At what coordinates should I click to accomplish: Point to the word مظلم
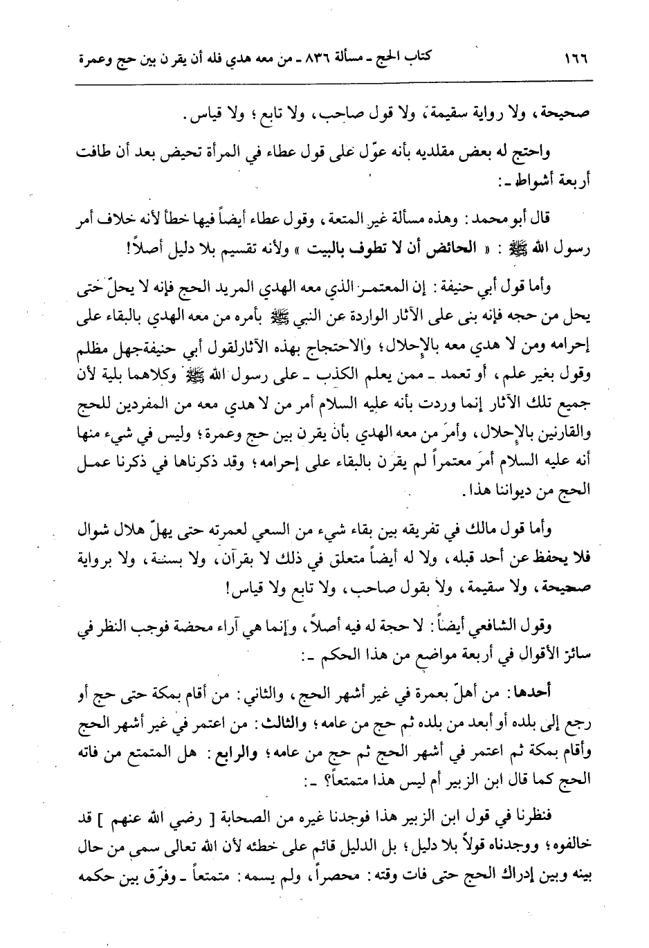(x=89, y=357)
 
